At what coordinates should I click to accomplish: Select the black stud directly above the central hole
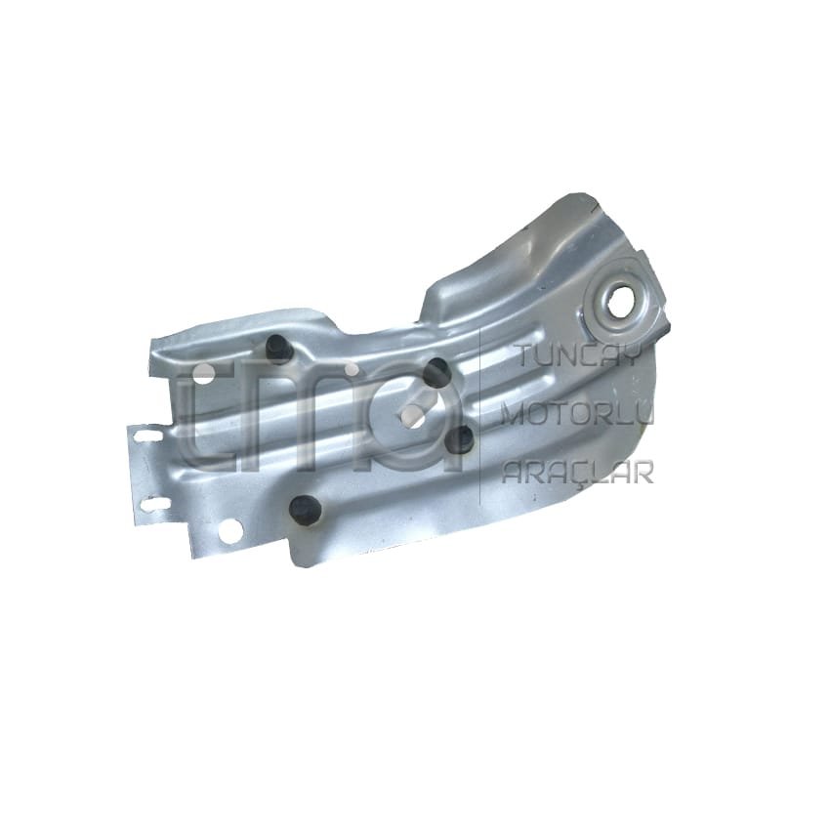pos(436,371)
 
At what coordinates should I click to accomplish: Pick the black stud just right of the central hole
pos(462,440)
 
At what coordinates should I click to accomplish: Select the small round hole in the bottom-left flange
pos(230,530)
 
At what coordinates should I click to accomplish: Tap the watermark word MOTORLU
pos(575,415)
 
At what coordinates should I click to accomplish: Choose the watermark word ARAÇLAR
pos(576,472)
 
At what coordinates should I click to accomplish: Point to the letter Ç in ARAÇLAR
pos(582,472)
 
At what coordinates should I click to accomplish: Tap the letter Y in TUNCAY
pos(629,357)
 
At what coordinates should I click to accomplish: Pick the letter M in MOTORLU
pos(513,415)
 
